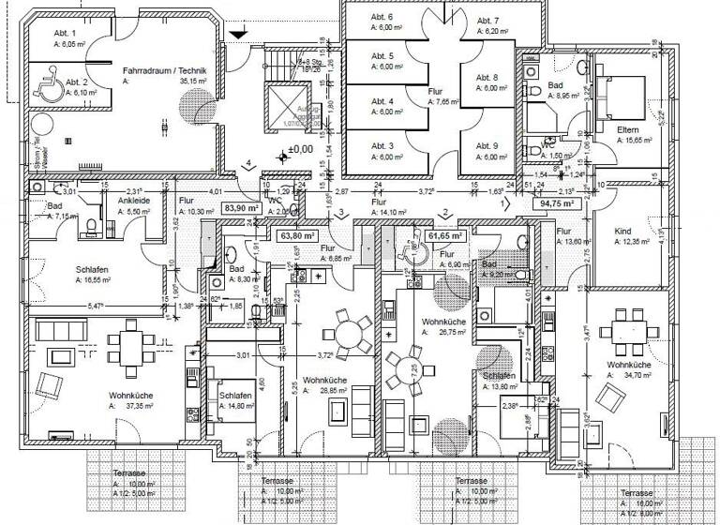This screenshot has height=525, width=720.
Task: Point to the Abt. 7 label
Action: pyautogui.click(x=487, y=21)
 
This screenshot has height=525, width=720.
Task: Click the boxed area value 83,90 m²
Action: pyautogui.click(x=239, y=208)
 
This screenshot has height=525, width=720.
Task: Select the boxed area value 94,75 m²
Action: pyautogui.click(x=556, y=202)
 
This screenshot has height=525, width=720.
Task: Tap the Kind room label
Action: pyautogui.click(x=622, y=232)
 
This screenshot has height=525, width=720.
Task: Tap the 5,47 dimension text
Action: pyautogui.click(x=96, y=307)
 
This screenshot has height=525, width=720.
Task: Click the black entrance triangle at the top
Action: pyautogui.click(x=242, y=34)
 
